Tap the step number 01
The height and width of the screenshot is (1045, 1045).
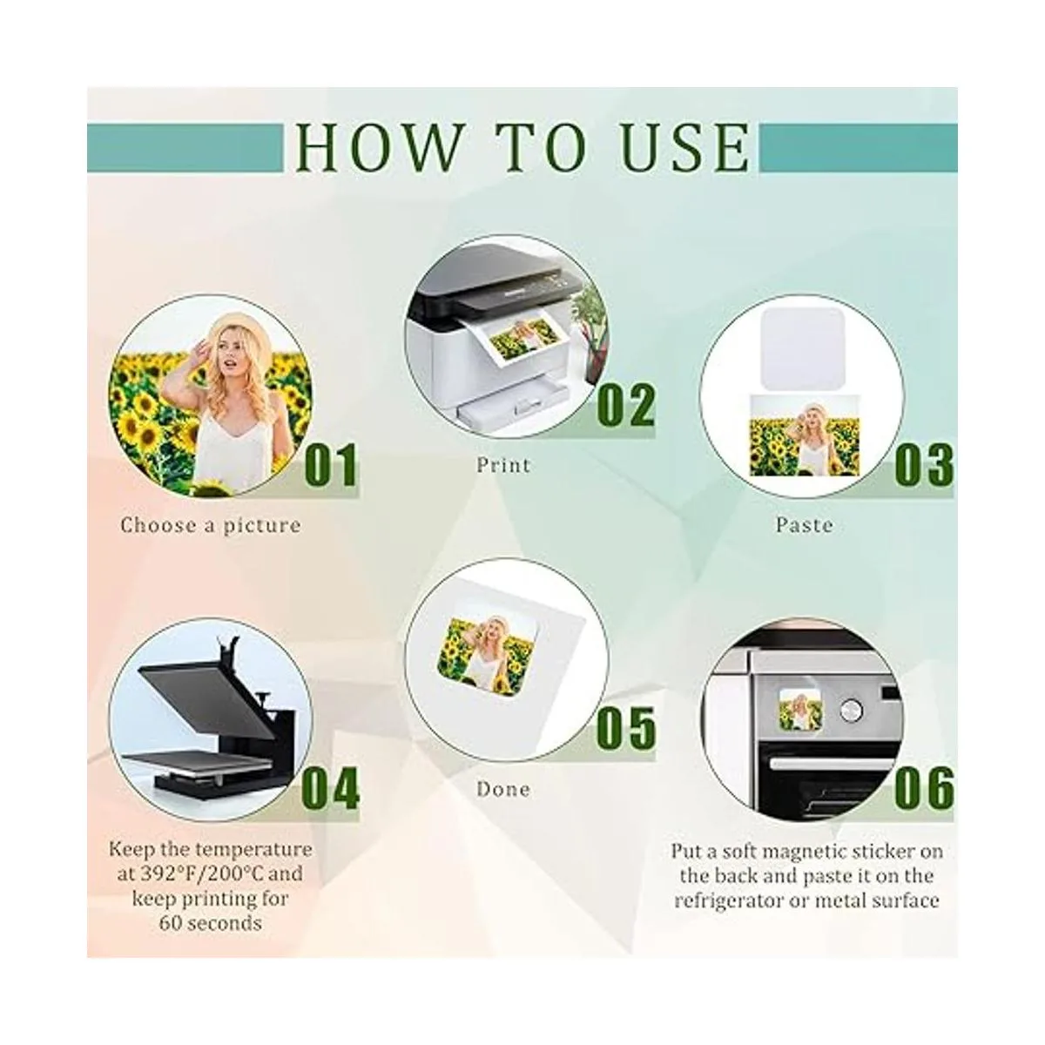[x=331, y=464]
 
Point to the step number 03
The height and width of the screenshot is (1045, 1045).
[x=924, y=465]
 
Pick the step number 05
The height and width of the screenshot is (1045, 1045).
[x=626, y=728]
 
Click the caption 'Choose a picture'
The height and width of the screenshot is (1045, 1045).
[x=211, y=525]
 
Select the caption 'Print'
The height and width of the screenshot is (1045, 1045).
[x=503, y=465]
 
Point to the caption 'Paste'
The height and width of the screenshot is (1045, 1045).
[x=804, y=524]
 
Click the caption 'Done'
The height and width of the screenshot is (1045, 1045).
[x=503, y=789]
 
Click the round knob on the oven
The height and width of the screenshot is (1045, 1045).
[x=850, y=710]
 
